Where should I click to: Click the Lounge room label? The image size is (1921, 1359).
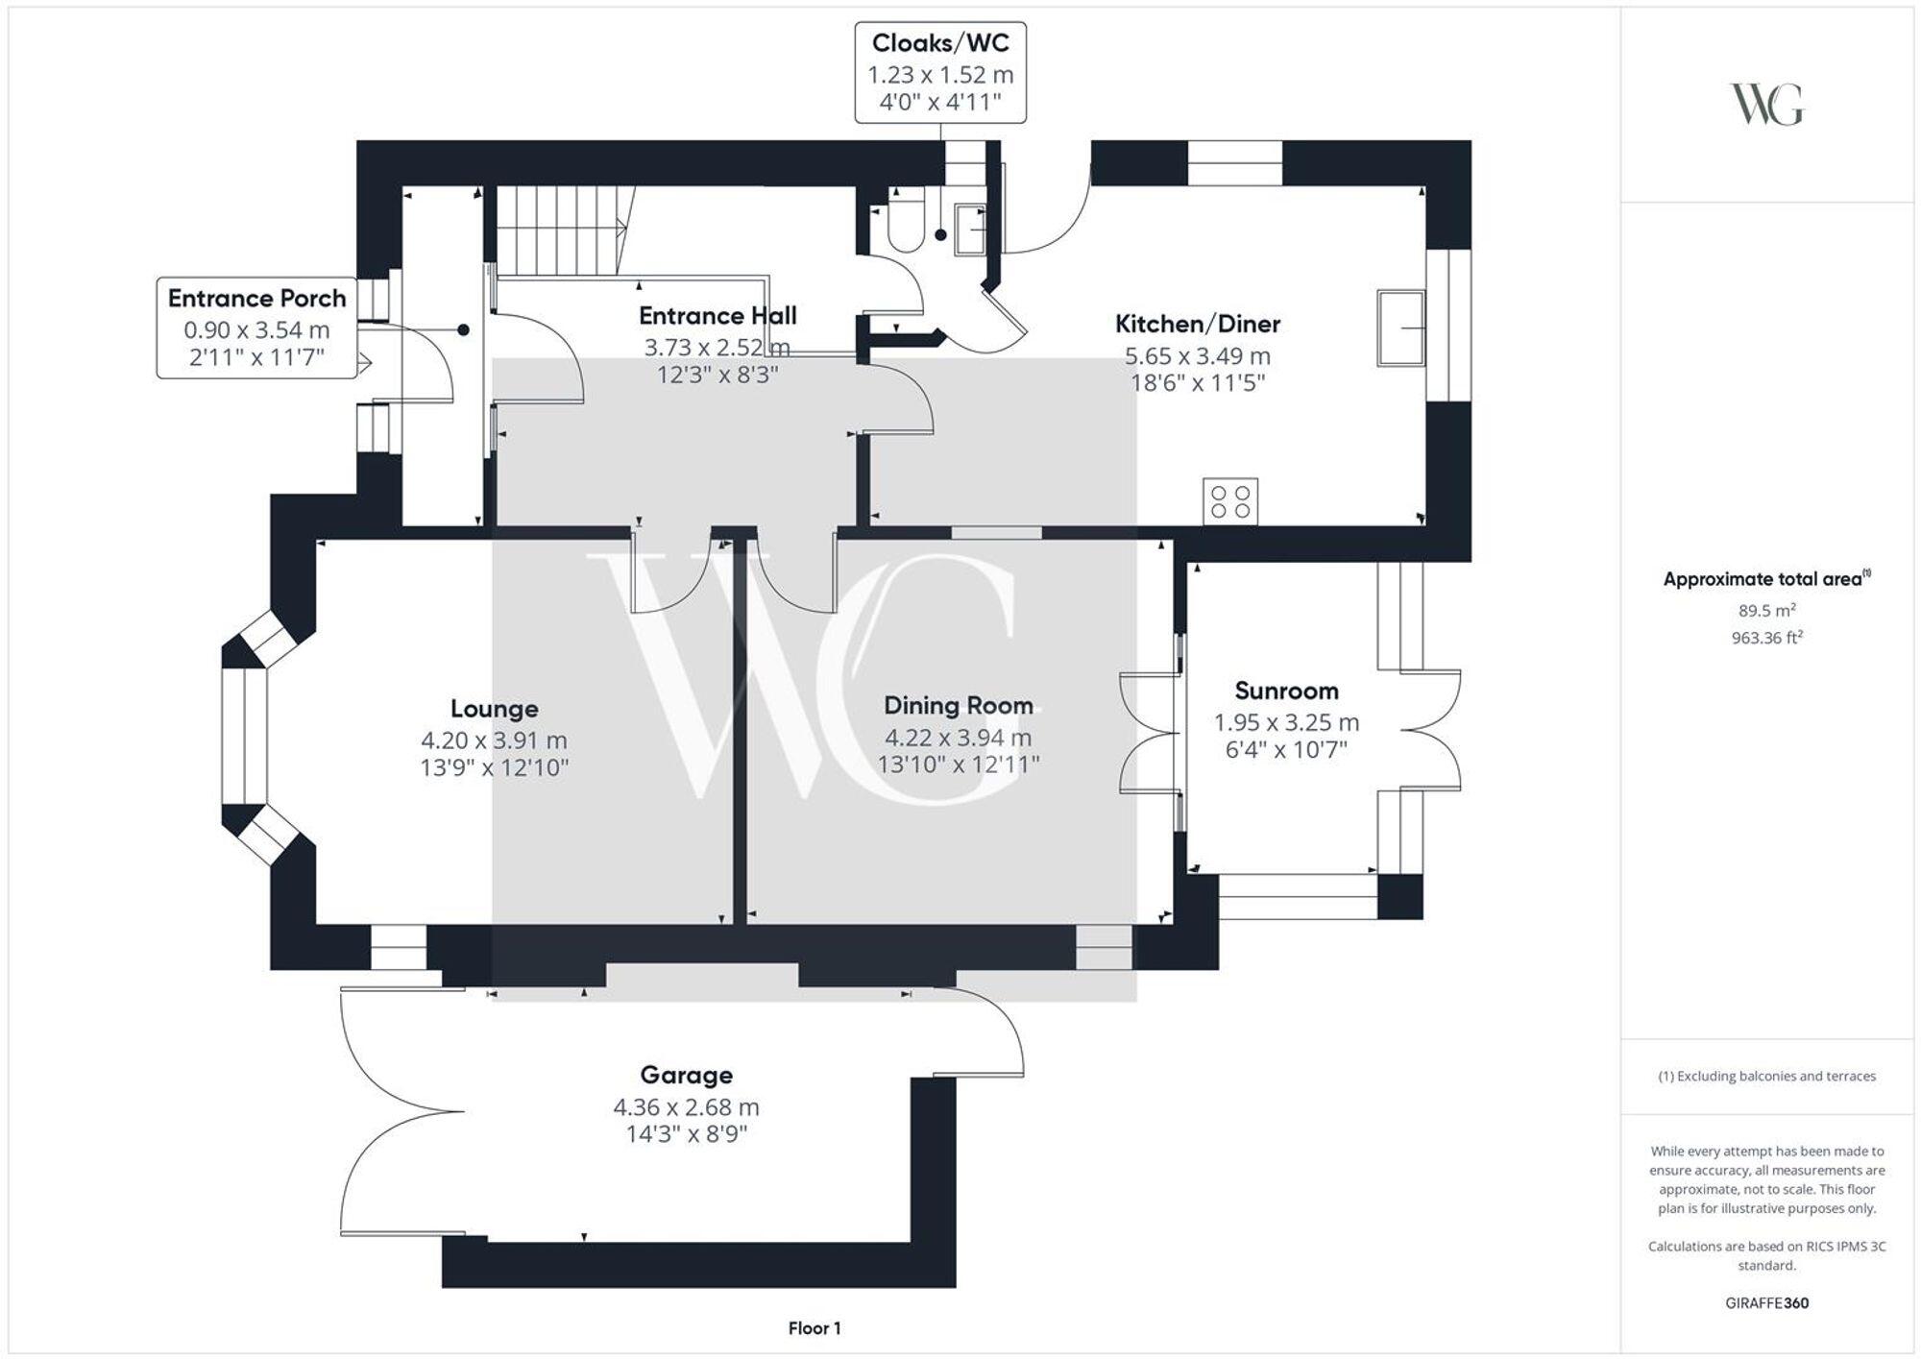[x=494, y=709]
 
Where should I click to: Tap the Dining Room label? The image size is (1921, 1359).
[x=958, y=706]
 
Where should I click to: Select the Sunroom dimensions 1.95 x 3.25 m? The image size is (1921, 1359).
[x=1286, y=722]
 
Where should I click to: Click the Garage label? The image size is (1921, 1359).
[x=686, y=1075]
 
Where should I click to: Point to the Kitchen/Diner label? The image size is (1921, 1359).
[x=1197, y=324]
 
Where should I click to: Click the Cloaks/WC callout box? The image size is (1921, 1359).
[x=940, y=73]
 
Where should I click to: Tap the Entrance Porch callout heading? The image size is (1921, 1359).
[x=256, y=299]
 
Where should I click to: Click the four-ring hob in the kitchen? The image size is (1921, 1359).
[x=1230, y=501]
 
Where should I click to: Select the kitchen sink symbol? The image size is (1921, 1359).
[x=1400, y=328]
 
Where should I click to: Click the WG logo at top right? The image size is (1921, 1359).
[x=1766, y=104]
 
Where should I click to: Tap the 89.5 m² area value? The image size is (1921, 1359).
[x=1766, y=610]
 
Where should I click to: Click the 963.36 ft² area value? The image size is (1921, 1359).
[x=1766, y=638]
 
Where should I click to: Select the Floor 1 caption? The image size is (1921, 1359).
[x=814, y=1328]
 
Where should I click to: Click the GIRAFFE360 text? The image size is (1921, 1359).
[x=1766, y=1303]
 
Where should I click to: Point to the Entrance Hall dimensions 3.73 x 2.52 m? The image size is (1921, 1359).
[x=717, y=347]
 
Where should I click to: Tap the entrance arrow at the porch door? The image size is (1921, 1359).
[x=364, y=363]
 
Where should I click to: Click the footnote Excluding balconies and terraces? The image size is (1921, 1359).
[x=1766, y=1076]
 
